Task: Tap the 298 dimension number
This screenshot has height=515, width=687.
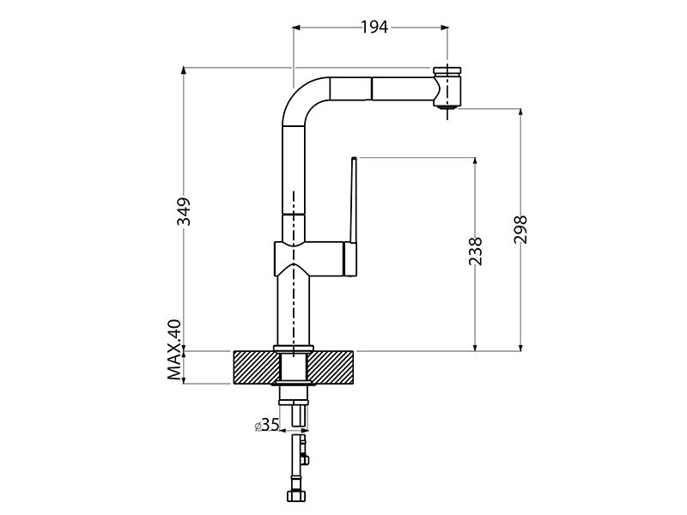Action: (520, 230)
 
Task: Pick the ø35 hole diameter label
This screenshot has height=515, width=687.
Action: (267, 425)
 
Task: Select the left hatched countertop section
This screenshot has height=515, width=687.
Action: (254, 367)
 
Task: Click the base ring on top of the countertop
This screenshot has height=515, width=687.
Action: (294, 348)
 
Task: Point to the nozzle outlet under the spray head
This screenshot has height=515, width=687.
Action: (446, 108)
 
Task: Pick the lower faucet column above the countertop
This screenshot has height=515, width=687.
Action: (294, 309)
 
